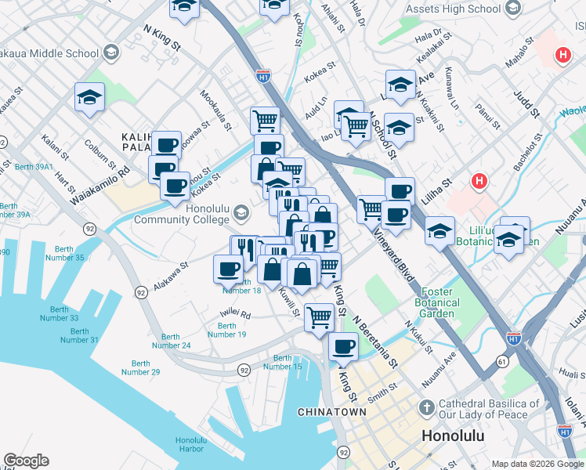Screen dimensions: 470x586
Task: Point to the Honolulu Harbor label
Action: [x=191, y=443]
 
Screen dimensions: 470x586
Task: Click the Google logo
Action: [x=26, y=461]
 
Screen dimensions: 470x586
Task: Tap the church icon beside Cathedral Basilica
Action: [x=426, y=408]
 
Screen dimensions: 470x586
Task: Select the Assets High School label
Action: [x=453, y=9]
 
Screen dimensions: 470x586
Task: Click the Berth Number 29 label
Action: [x=141, y=367]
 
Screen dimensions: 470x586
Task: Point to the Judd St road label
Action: [x=527, y=104]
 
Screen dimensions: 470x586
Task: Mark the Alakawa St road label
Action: [x=172, y=277]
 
